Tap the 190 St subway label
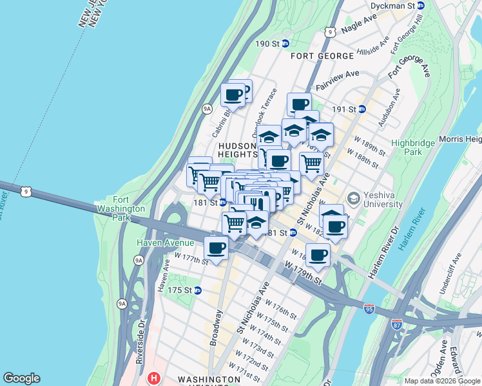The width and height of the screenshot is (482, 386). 269,44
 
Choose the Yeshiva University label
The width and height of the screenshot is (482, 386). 383,201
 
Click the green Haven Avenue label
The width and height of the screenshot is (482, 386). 165,243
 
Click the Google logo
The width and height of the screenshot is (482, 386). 21,378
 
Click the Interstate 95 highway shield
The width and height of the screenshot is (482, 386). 369,309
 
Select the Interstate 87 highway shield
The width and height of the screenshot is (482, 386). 398,324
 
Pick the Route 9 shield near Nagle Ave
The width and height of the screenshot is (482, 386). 329,31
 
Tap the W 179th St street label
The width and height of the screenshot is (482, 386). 302,272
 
